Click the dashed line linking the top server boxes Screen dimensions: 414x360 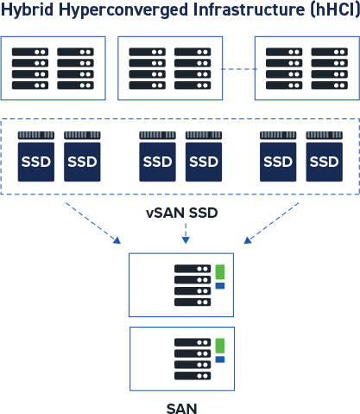tap(237, 68)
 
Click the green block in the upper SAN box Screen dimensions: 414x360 tap(220, 271)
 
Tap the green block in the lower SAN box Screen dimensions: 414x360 tap(220, 346)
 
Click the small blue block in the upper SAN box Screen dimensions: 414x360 tap(220, 286)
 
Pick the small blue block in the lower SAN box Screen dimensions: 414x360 tap(220, 360)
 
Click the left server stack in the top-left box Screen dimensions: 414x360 tap(30, 68)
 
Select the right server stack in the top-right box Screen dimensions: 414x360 tap(329, 68)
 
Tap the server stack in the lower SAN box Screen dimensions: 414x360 tap(193, 360)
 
